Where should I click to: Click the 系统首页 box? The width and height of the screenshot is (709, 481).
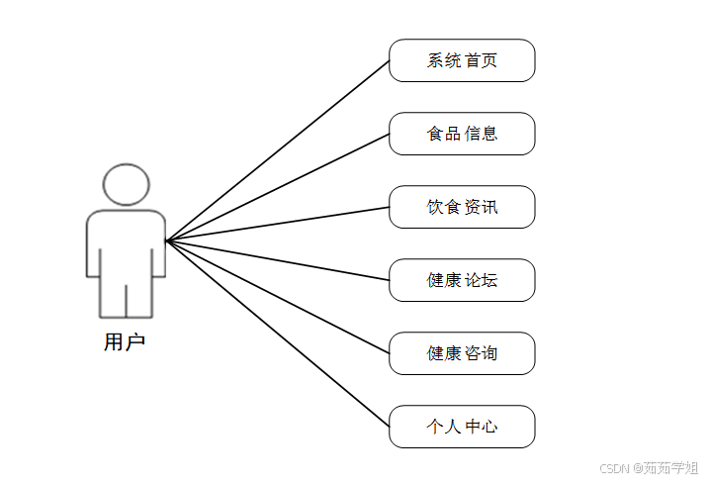point(462,60)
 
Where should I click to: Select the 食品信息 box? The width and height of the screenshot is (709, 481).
point(462,134)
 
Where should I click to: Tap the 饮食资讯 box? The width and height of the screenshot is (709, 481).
point(462,207)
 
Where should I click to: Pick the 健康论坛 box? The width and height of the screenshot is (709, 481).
point(462,280)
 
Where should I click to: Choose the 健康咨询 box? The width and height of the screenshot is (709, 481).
point(462,353)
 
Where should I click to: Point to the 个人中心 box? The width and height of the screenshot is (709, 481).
point(462,427)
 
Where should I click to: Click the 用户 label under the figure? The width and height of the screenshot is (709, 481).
point(125,343)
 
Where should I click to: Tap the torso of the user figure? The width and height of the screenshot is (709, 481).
point(126,242)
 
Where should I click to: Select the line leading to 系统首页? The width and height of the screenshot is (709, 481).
point(278,150)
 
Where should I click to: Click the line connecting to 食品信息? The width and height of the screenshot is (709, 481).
point(278,187)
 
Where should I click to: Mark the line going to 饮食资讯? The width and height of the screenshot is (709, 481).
point(278,224)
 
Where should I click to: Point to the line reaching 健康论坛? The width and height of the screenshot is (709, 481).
point(278,260)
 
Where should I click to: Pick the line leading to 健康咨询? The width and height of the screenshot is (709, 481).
point(278,297)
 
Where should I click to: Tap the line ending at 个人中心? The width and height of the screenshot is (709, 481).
point(278,334)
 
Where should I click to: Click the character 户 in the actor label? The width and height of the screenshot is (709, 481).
point(135,343)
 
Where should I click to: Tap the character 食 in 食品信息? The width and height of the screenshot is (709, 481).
point(436,134)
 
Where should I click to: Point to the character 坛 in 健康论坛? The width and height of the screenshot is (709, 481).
point(488,280)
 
